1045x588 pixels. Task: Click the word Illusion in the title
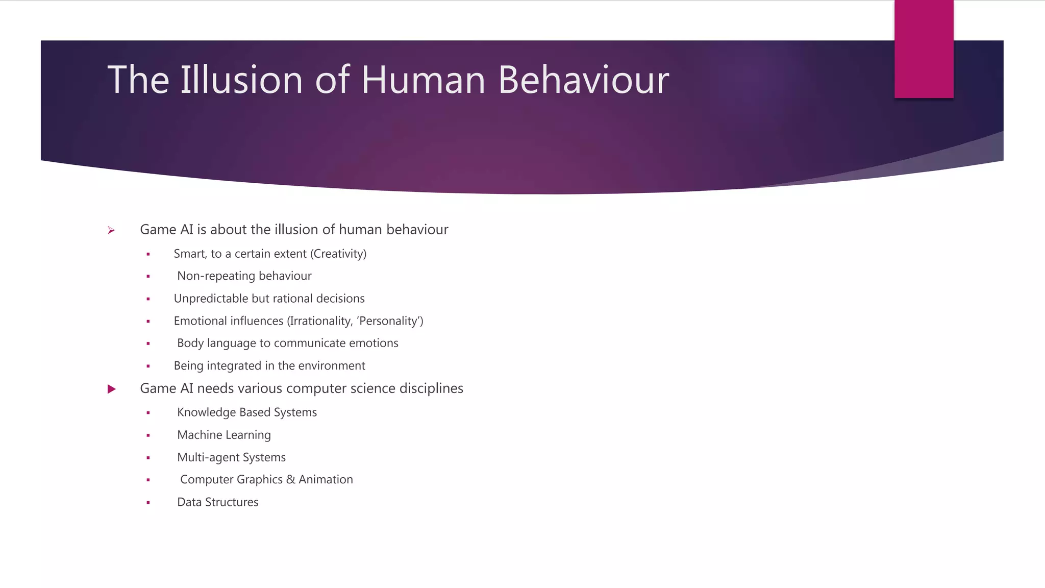pyautogui.click(x=242, y=80)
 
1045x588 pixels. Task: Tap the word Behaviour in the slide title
pyautogui.click(x=583, y=80)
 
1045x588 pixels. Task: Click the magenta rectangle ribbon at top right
pyautogui.click(x=924, y=49)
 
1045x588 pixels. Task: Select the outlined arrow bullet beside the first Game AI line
pyautogui.click(x=111, y=231)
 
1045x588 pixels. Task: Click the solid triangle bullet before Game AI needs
pyautogui.click(x=112, y=389)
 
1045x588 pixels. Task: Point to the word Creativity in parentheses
pyautogui.click(x=339, y=254)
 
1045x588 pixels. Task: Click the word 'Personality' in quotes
pyautogui.click(x=390, y=321)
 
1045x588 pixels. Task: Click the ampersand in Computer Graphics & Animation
pyautogui.click(x=290, y=480)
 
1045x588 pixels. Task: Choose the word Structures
pyautogui.click(x=232, y=502)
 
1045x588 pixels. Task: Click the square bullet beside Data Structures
pyautogui.click(x=148, y=503)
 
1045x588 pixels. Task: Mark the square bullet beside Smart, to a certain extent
pyautogui.click(x=148, y=254)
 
